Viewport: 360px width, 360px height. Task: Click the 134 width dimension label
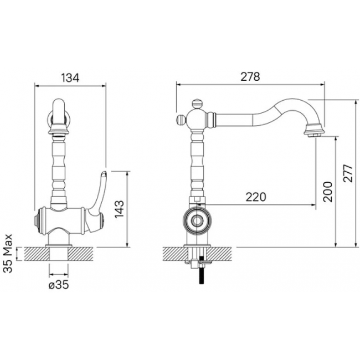pos(70,78)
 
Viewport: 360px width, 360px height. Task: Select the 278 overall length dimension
pos(250,76)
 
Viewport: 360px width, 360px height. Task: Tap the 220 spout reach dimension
pos(256,197)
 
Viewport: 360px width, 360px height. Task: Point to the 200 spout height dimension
pos(328,192)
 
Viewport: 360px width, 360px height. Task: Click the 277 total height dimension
pos(348,173)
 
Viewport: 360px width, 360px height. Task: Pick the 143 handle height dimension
pos(120,209)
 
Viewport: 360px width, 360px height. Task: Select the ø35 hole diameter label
pos(59,285)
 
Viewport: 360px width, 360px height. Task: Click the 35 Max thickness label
pos(8,253)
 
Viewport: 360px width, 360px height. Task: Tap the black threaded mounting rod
pos(202,270)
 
